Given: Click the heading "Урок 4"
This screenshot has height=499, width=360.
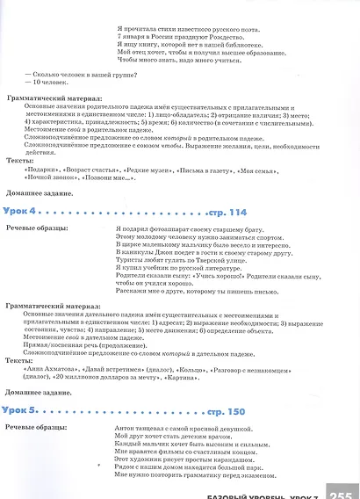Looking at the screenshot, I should [x=21, y=213].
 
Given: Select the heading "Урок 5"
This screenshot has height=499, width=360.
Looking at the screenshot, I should [x=21, y=410].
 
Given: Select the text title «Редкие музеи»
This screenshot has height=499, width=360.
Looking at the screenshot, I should [x=149, y=166].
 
